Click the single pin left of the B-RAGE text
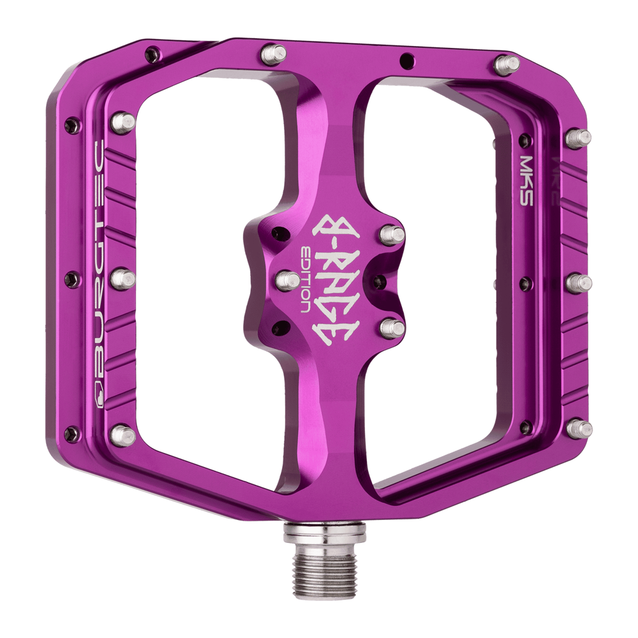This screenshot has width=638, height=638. point(288,280)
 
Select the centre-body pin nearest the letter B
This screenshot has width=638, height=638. point(393,234)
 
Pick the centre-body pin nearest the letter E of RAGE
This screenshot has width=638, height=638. point(393,328)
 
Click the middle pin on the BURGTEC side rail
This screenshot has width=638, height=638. point(124,279)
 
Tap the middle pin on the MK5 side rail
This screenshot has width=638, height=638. point(579,281)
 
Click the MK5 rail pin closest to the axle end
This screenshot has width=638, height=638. point(579,429)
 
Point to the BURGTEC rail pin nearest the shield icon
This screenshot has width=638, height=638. point(123,435)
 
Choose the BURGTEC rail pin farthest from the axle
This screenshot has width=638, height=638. point(124,121)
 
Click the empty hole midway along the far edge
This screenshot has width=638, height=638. point(404,61)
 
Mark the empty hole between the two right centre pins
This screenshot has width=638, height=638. point(379,281)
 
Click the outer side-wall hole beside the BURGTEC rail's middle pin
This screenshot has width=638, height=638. point(72,279)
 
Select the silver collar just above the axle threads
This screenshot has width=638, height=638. point(325,529)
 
